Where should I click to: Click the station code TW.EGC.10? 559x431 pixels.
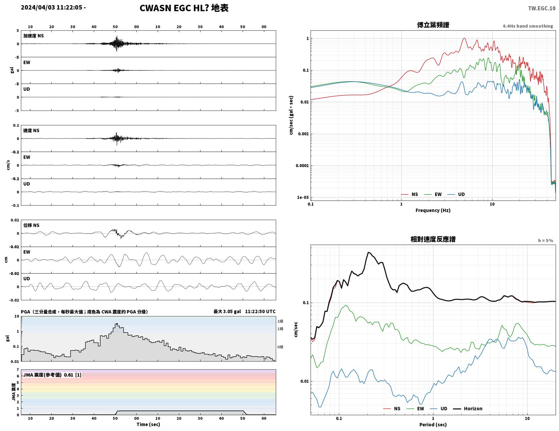pos(541,8)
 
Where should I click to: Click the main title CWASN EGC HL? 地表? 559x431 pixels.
pos(184,8)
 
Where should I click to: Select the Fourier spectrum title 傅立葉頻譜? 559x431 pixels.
pos(433,25)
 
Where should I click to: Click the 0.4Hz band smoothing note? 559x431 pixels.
pos(528,26)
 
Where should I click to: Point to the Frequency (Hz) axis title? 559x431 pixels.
pos(433,210)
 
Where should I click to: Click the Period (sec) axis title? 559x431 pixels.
pos(433,425)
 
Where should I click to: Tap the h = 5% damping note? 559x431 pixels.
pos(545,241)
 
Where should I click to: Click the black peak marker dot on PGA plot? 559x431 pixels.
pos(117,324)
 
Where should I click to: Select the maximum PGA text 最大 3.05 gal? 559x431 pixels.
pos(227,311)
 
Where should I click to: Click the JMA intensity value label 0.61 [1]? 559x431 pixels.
pos(73,375)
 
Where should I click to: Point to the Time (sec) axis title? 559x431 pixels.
pos(148,424)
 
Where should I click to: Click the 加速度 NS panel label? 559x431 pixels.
pos(33,36)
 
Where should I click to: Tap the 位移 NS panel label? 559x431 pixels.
pos(31,225)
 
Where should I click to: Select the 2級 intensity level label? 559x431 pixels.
pos(280,321)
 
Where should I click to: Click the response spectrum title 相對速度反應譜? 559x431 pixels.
pos(433,239)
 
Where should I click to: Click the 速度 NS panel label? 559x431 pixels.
pos(31,130)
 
